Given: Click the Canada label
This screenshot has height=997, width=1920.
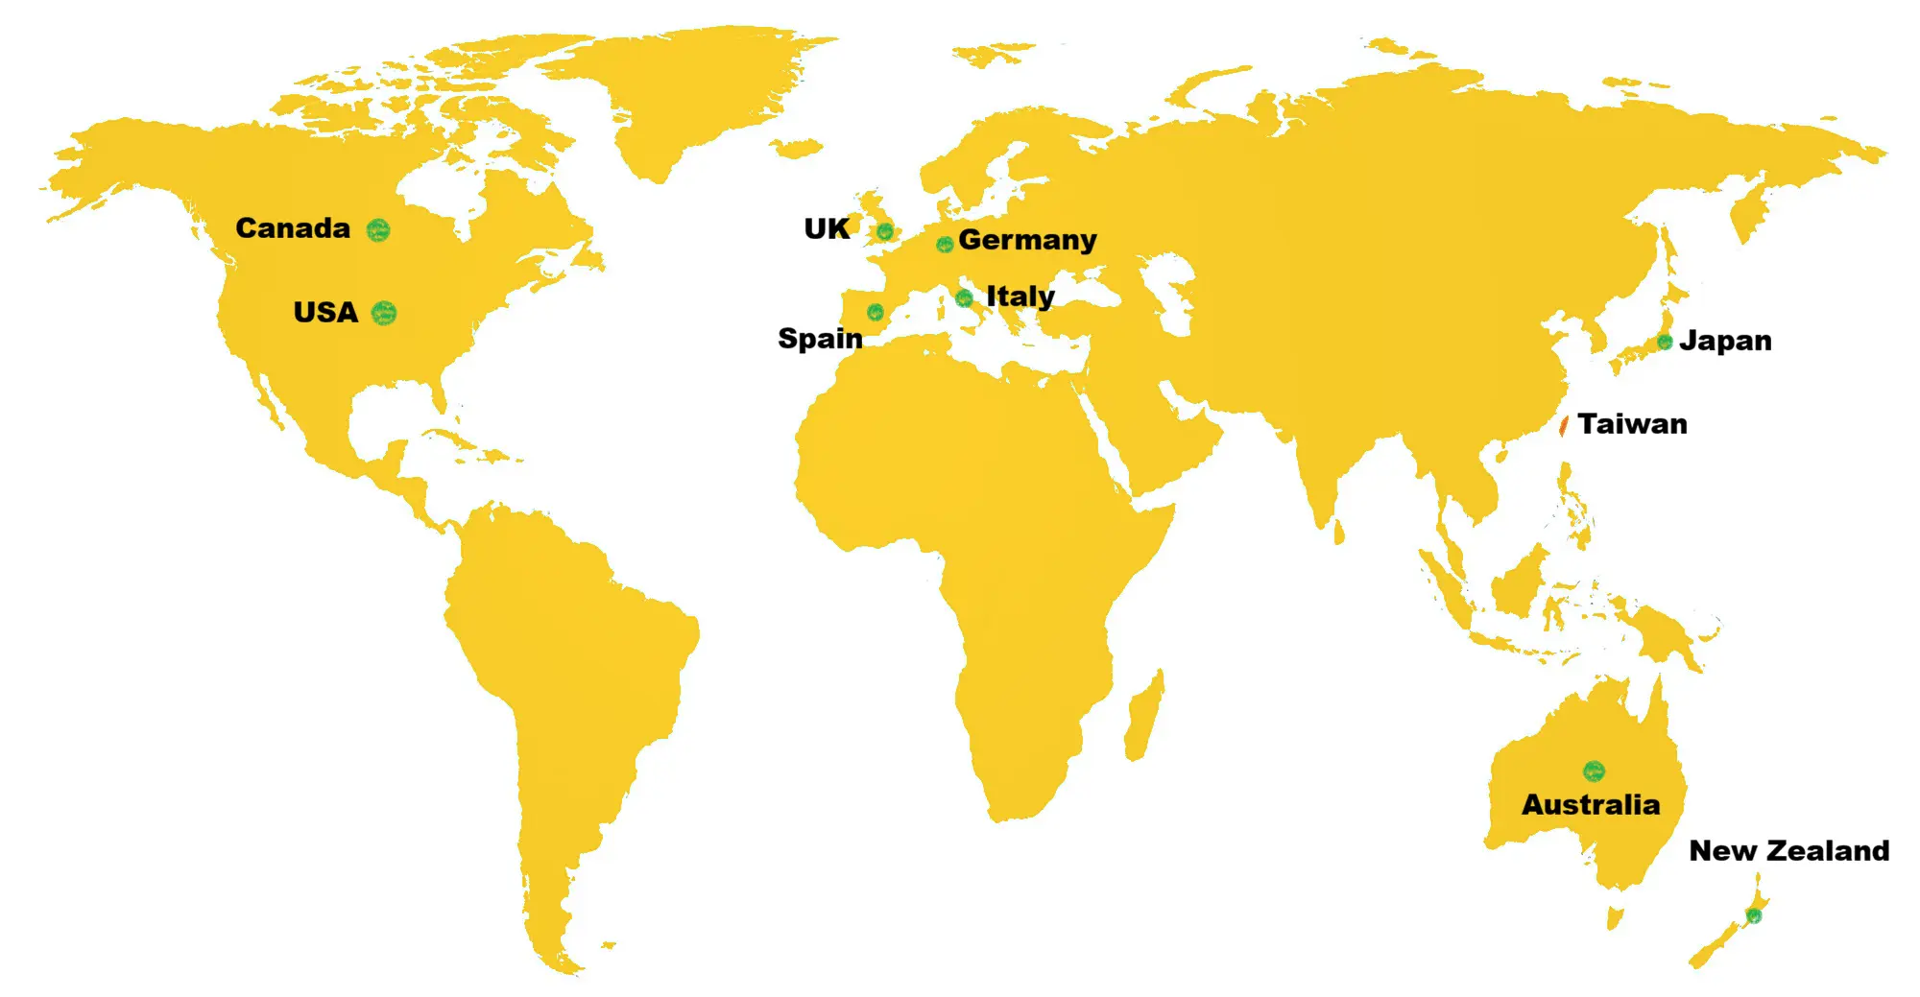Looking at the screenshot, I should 293,228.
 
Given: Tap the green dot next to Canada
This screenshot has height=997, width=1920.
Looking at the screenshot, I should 378,229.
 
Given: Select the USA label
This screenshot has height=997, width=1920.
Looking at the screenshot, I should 325,313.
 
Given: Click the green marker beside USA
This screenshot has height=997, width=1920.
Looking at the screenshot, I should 384,313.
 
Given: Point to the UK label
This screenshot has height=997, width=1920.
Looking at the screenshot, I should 827,229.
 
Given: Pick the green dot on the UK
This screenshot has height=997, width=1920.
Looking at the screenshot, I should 885,231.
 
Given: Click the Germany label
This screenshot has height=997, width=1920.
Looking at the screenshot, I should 1027,240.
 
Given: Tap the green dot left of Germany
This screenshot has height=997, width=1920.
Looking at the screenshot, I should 945,244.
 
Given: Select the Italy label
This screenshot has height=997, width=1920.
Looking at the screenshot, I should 1020,297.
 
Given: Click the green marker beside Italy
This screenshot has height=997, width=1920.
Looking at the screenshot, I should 965,298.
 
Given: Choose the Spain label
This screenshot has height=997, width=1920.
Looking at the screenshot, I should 820,339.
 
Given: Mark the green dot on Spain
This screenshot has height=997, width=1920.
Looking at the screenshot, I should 876,312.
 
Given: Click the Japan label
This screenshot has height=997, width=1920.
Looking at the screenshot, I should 1725,341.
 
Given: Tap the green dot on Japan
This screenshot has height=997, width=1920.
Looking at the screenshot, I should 1665,342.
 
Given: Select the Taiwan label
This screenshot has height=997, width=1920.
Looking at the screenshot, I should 1632,424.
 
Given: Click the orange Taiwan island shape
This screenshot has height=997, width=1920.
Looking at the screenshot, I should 1564,425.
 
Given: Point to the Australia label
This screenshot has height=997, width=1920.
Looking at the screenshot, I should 1591,804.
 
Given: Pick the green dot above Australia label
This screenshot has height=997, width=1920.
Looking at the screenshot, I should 1594,771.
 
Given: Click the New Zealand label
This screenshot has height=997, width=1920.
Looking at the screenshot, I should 1788,851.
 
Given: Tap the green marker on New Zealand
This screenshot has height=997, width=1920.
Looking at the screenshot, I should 1754,915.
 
